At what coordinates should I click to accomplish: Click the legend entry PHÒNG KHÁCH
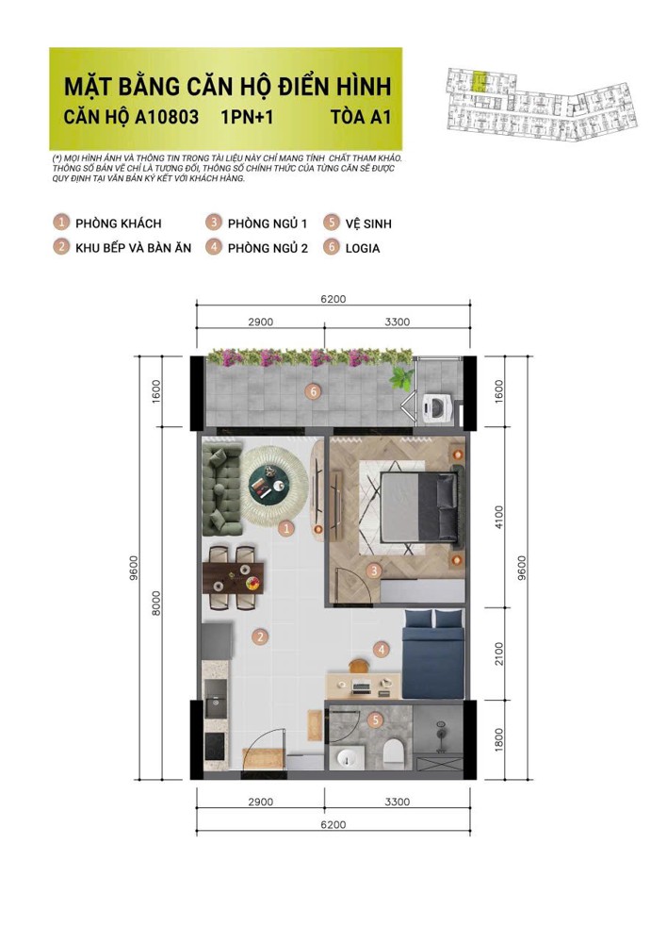(x=118, y=223)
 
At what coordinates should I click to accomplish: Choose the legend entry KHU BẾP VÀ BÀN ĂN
(x=134, y=248)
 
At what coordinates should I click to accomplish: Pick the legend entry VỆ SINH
(x=368, y=223)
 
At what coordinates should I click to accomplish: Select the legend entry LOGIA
(x=363, y=248)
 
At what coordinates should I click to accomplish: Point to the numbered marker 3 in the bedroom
(x=374, y=570)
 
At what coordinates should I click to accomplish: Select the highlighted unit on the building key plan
(x=481, y=81)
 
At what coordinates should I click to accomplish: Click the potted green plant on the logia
(x=403, y=379)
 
